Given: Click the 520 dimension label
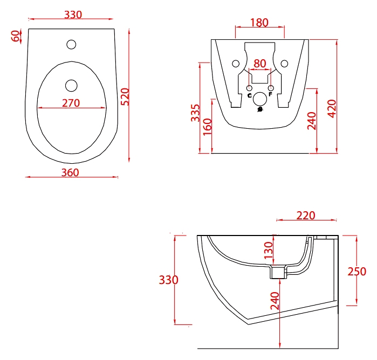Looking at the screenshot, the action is pyautogui.click(x=125, y=97).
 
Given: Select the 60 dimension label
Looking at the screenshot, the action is pyautogui.click(x=16, y=36).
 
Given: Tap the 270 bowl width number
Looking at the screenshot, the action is pyautogui.click(x=71, y=103).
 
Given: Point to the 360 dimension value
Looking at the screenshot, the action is pyautogui.click(x=70, y=172).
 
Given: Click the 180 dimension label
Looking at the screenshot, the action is pyautogui.click(x=259, y=23).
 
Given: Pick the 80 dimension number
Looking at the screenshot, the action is pyautogui.click(x=260, y=64).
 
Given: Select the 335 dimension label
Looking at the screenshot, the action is pyautogui.click(x=195, y=113).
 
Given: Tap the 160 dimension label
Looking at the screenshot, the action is pyautogui.click(x=207, y=127).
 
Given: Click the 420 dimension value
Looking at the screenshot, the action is pyautogui.click(x=332, y=109).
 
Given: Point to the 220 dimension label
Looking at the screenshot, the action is pyautogui.click(x=306, y=216).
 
